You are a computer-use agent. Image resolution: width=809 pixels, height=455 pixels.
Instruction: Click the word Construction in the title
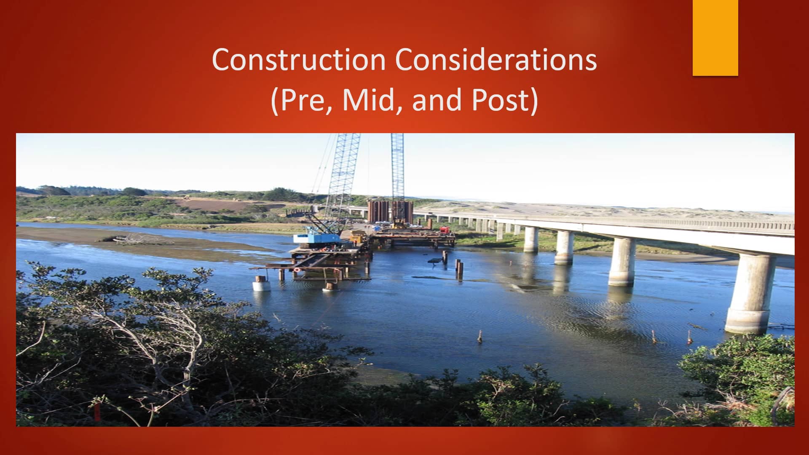pos(299,60)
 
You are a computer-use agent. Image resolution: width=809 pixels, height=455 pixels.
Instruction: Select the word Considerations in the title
pos(496,60)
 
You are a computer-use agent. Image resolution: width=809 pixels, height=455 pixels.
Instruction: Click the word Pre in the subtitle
pos(305,100)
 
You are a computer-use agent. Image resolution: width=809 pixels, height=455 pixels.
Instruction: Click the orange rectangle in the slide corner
pos(715,38)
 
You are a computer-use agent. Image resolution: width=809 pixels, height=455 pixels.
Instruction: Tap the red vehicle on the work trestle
pos(445,230)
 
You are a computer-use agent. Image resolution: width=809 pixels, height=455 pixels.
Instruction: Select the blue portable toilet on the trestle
pos(376,228)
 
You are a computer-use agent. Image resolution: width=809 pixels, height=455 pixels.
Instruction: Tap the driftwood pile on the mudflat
pos(137,239)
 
